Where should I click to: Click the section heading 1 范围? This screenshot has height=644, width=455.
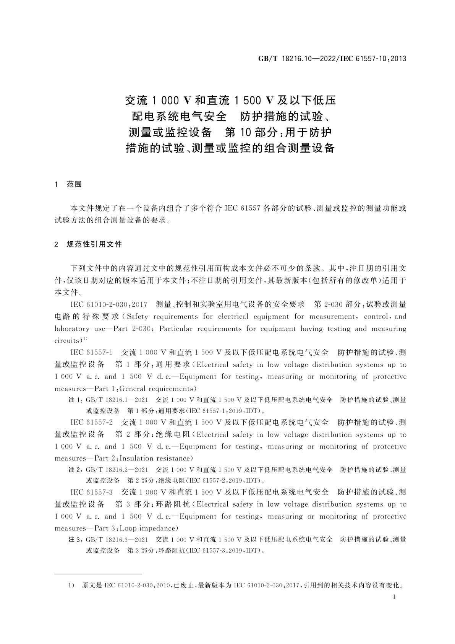[x=68, y=184]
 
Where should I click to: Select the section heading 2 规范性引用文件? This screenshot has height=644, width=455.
[x=88, y=244]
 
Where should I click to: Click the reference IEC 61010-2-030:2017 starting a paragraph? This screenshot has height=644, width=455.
[x=109, y=304]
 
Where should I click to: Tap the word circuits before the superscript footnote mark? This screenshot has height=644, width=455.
[x=68, y=341]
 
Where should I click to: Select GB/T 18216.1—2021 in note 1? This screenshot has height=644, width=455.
[x=117, y=400]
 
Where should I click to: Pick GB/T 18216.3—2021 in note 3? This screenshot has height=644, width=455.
[x=117, y=540]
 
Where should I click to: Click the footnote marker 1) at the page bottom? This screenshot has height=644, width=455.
[x=71, y=585]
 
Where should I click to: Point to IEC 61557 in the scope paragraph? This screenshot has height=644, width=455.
[x=242, y=208]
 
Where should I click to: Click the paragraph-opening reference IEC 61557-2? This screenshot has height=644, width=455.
[x=92, y=423]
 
